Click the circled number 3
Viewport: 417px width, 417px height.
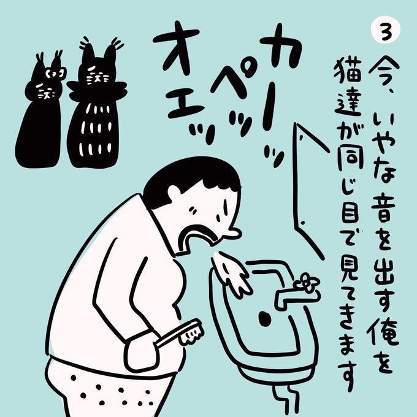(385, 31)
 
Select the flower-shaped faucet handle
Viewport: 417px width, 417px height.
(307, 283)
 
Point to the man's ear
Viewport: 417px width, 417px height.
(174, 192)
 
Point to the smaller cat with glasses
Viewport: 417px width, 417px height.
(39, 112)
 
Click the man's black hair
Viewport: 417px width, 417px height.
(191, 175)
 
